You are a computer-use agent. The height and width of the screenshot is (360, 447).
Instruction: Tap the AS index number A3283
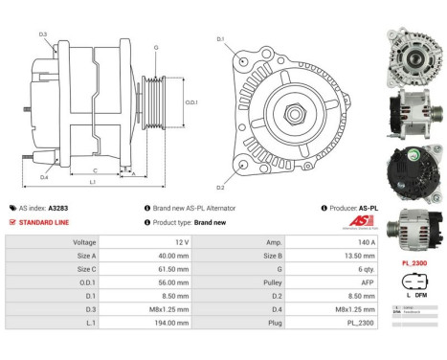(x=58, y=208)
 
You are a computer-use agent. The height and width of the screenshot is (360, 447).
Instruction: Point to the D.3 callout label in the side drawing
(x=43, y=34)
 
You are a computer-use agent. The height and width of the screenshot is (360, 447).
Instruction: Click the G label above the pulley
(x=155, y=47)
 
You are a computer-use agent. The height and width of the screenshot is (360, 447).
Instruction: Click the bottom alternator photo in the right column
(x=413, y=229)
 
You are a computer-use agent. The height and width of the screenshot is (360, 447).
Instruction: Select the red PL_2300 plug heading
(x=413, y=262)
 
